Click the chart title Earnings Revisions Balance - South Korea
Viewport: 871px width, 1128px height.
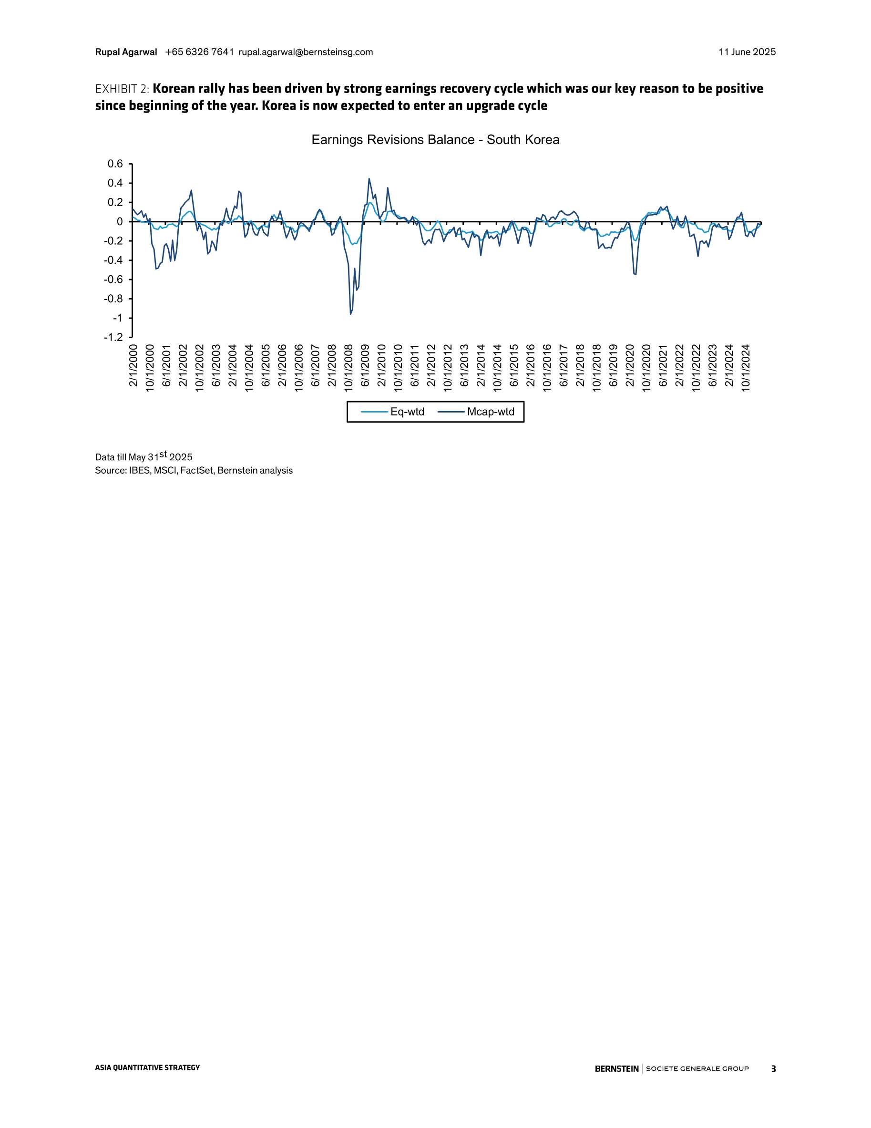click(435, 140)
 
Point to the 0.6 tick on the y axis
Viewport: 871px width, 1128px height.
click(115, 164)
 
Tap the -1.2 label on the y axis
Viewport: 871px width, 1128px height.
click(113, 337)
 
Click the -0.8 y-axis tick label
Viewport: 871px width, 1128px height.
click(113, 299)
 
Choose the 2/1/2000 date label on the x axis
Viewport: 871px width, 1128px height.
click(133, 365)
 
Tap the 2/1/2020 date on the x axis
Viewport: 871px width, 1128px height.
click(630, 365)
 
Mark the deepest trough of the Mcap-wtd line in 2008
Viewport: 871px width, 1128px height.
click(350, 313)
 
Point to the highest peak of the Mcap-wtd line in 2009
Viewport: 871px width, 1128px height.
click(369, 179)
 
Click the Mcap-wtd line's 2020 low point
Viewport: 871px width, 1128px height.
click(635, 274)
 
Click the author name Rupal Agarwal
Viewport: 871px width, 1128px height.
click(126, 52)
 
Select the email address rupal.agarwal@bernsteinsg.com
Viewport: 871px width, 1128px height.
click(306, 52)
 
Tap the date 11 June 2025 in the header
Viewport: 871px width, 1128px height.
click(747, 52)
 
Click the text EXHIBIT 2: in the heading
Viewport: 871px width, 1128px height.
click(123, 89)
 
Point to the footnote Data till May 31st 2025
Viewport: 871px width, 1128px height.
click(143, 456)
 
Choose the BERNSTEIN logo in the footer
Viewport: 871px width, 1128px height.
click(616, 1068)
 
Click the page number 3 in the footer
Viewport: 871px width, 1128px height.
click(773, 1068)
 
